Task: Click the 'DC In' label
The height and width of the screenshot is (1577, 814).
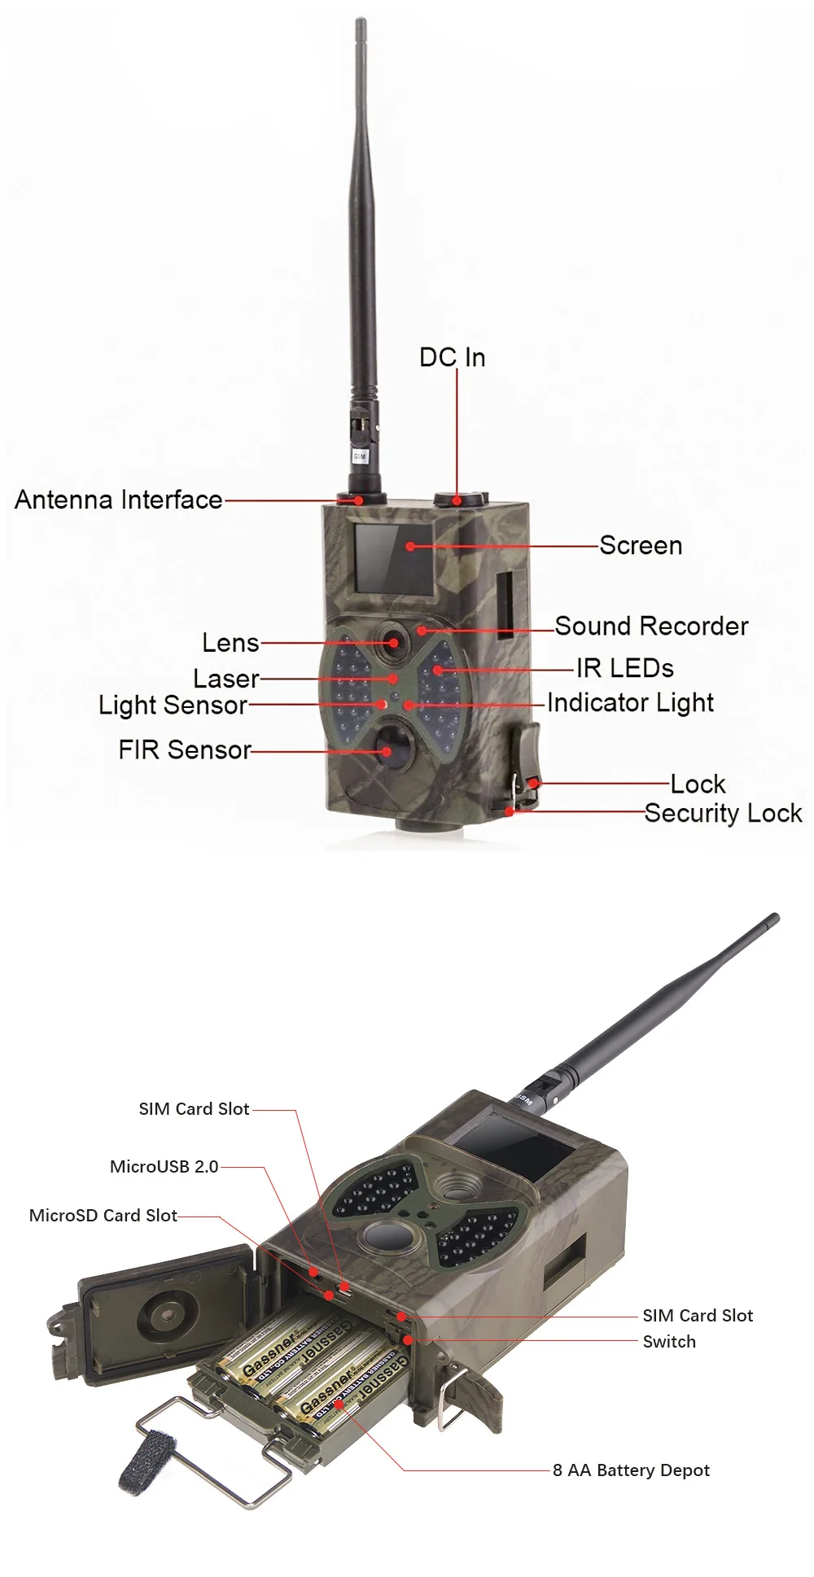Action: tap(452, 357)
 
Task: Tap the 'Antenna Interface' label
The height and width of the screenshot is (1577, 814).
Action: tap(119, 500)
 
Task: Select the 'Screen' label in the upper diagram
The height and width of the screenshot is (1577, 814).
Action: tap(641, 545)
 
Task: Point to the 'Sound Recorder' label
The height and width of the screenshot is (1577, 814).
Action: tap(651, 626)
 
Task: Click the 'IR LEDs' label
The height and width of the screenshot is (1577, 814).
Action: tap(624, 668)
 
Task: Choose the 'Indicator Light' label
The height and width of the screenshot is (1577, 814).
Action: tap(630, 702)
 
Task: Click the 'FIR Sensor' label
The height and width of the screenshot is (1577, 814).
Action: tap(185, 749)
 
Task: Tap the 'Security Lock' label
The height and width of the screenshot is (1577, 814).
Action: tap(723, 813)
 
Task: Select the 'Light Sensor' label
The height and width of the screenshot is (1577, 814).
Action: tap(173, 705)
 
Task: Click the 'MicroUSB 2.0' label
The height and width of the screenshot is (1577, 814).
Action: tap(164, 1166)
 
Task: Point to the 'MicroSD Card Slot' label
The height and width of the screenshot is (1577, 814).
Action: tap(103, 1215)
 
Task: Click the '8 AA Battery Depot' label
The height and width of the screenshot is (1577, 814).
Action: tap(631, 1470)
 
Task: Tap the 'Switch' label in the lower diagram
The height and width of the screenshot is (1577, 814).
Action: tap(669, 1341)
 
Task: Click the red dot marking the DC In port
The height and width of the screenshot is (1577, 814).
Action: tap(457, 500)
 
